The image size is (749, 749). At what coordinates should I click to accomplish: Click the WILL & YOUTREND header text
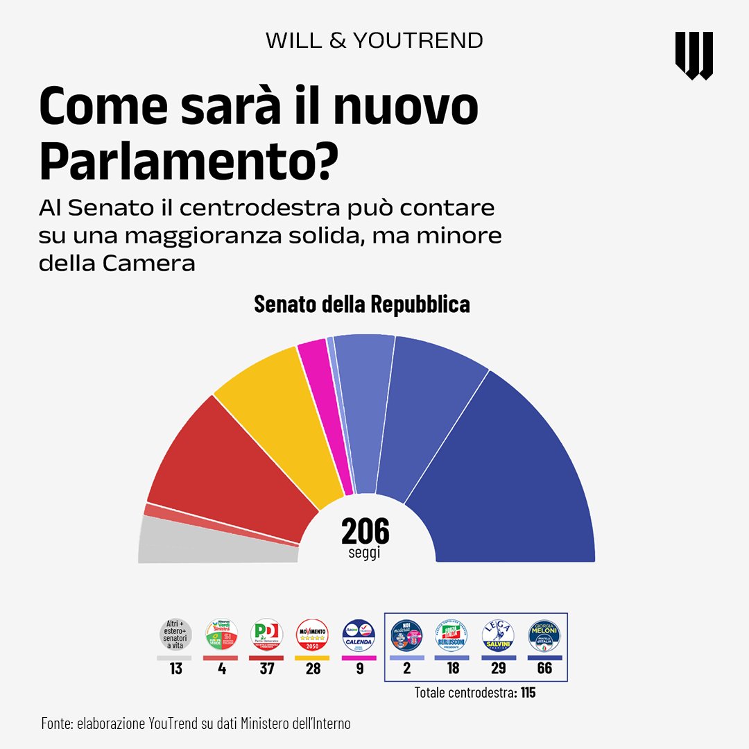[x=374, y=40]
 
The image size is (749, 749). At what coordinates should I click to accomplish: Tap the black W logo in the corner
[x=694, y=55]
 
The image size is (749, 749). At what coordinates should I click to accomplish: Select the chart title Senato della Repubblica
[x=362, y=304]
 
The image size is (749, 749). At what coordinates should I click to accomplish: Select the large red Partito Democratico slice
[x=229, y=472]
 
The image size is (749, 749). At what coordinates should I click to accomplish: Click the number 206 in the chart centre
[x=365, y=531]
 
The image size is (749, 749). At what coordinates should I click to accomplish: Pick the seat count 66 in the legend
[x=544, y=669]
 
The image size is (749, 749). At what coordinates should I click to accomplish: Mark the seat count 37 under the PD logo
[x=266, y=669]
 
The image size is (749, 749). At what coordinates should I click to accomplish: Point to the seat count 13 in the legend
[x=175, y=669]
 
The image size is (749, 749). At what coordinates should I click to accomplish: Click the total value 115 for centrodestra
[x=528, y=692]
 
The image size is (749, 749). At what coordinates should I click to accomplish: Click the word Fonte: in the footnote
[x=57, y=724]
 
